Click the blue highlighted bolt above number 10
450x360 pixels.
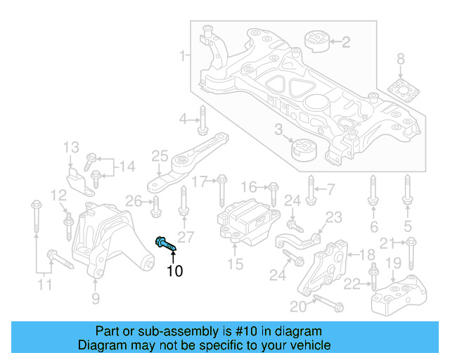tap(165, 243)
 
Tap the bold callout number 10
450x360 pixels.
tap(174, 271)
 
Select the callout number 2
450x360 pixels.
tap(345, 42)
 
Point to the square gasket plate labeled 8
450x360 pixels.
tap(401, 91)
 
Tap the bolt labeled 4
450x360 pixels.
tap(202, 120)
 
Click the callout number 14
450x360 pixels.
tap(127, 166)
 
